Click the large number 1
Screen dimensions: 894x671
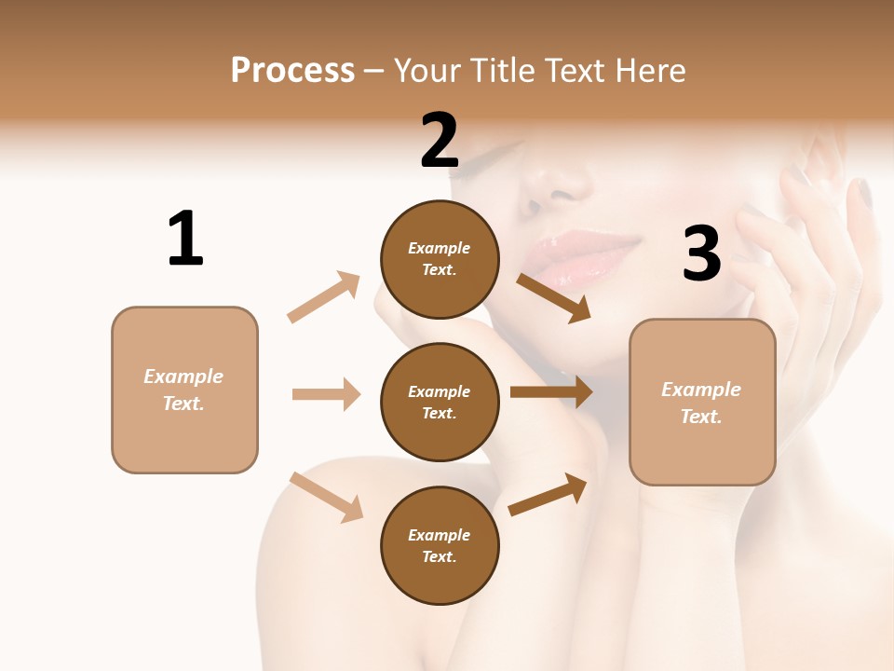pos(185,239)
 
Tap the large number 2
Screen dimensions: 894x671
pos(440,141)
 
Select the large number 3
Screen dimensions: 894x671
pos(702,253)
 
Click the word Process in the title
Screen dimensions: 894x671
pos(292,70)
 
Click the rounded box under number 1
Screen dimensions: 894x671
pos(184,390)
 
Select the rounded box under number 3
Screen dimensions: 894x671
pos(702,402)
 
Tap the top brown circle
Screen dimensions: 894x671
pos(440,258)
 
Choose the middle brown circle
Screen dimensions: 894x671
pos(440,402)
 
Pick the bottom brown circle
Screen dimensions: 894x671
pos(440,545)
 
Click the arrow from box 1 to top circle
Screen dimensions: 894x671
pos(324,296)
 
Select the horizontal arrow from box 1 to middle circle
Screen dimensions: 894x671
pos(326,394)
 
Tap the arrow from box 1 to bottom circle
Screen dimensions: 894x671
pos(326,497)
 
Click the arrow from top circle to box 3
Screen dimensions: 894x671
pos(554,298)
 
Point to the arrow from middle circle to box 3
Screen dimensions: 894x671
pos(551,392)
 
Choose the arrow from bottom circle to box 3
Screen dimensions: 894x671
pos(549,494)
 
